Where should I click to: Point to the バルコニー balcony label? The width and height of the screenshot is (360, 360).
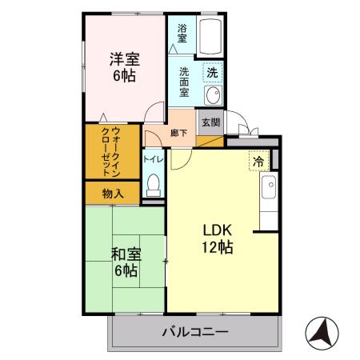coord(197,330)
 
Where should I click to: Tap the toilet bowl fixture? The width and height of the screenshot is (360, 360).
coord(154,186)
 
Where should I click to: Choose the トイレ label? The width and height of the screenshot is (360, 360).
coord(154,158)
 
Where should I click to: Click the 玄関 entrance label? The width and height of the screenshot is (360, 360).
coord(210,123)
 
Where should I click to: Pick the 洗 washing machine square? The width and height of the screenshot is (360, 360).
coord(212,72)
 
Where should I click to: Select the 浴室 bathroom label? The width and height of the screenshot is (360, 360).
coord(182,33)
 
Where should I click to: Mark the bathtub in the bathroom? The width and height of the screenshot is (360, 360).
coord(211,36)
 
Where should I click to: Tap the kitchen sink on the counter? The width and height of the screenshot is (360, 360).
coord(269,189)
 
